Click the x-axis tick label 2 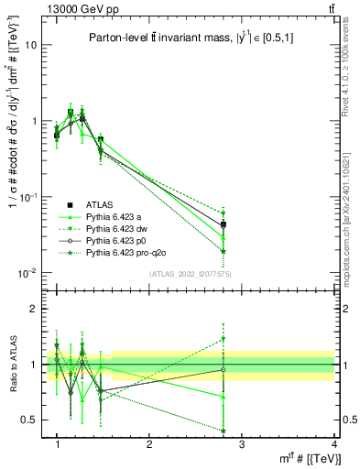149,445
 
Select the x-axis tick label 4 334,445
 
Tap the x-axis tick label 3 242,445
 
